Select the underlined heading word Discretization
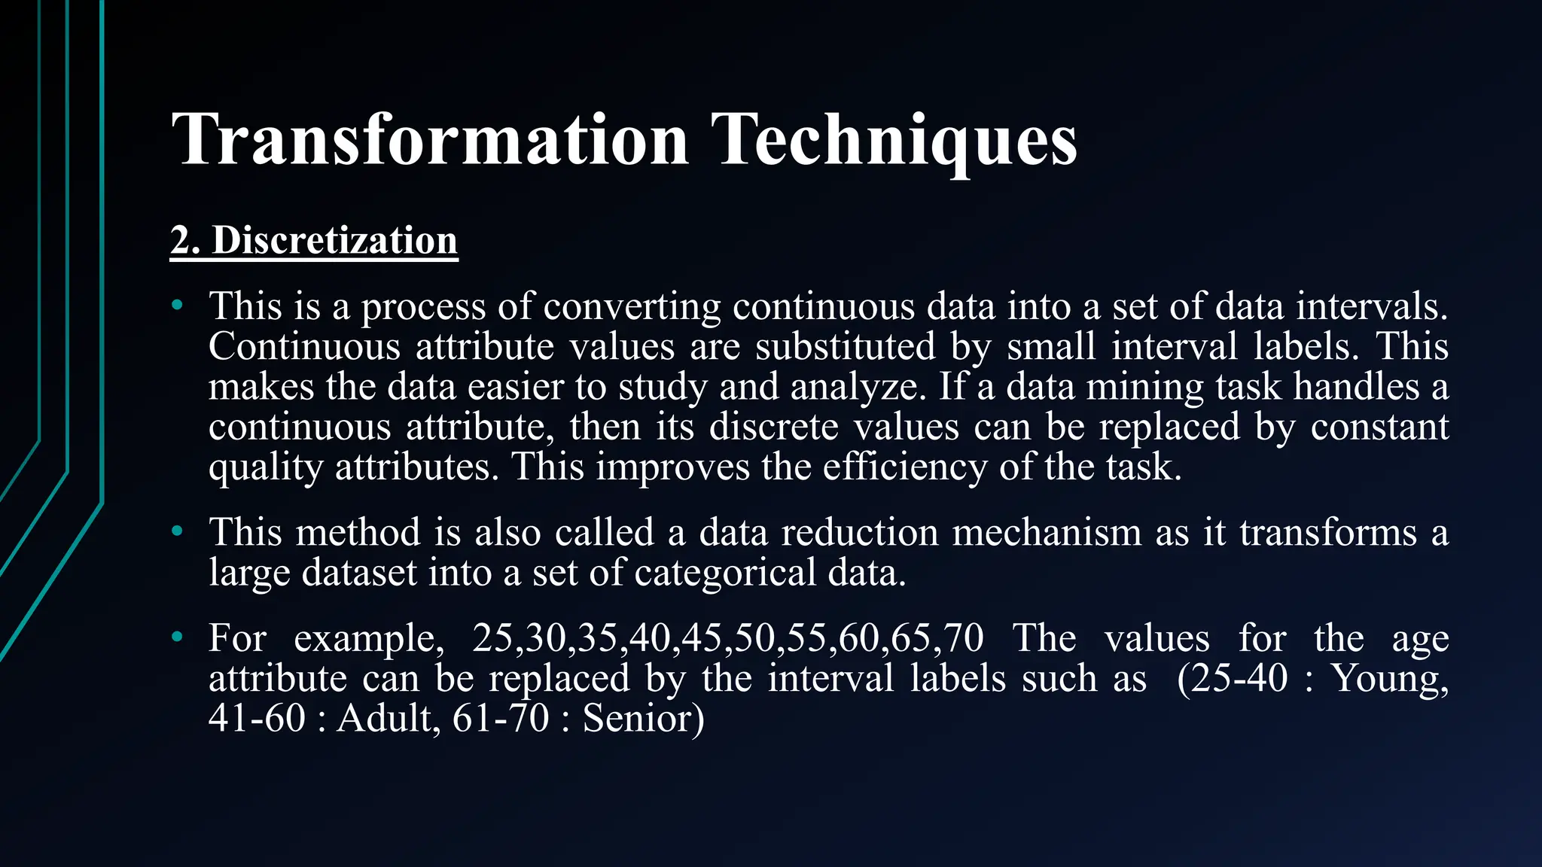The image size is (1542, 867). (x=334, y=241)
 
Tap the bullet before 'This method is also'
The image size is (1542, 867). (x=177, y=532)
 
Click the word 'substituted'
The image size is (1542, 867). (x=845, y=346)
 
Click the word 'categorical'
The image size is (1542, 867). (x=725, y=573)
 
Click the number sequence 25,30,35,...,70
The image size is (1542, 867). (x=727, y=638)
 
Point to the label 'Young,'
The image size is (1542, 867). (x=1390, y=678)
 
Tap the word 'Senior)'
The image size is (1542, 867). (x=643, y=718)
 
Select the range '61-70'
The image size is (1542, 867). (x=501, y=718)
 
